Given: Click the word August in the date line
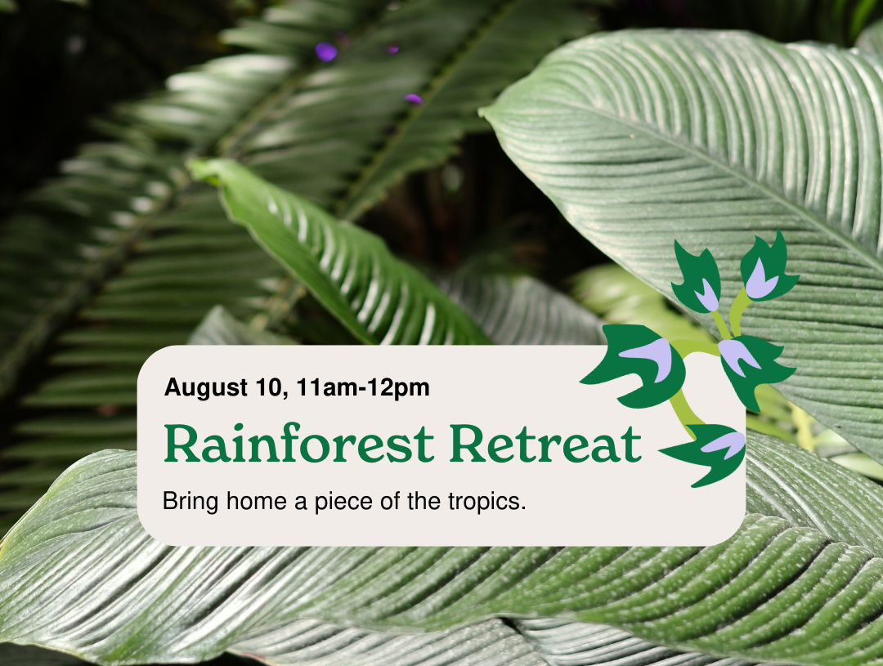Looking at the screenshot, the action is [205, 388].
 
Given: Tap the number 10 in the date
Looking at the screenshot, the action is [269, 387].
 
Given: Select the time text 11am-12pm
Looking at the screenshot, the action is [363, 388].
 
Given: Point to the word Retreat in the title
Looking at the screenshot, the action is [545, 444].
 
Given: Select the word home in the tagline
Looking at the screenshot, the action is [257, 500].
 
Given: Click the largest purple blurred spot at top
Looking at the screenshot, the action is [325, 51].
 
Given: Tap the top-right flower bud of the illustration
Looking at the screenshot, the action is [766, 267].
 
